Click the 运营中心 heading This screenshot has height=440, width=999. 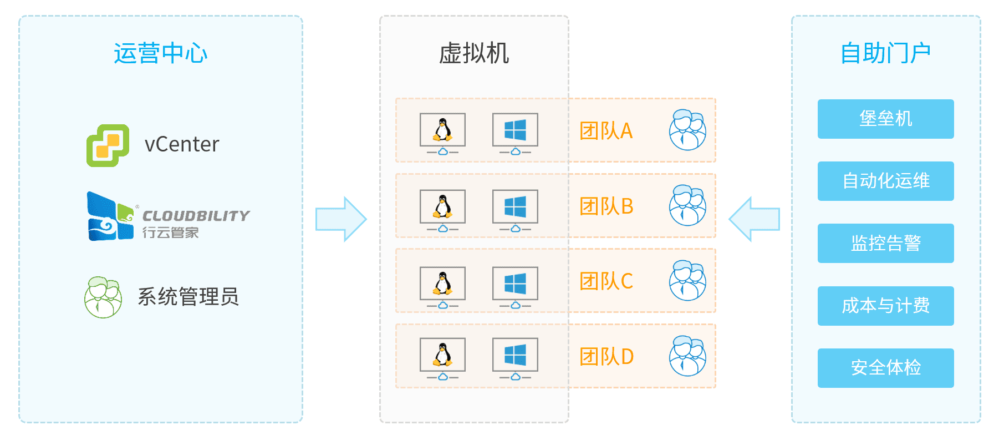(160, 54)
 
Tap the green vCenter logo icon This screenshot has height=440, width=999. (108, 145)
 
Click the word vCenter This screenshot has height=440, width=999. (182, 145)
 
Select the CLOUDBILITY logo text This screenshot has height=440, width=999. (196, 216)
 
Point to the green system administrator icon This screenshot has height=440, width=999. (103, 297)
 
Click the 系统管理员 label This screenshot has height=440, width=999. (188, 297)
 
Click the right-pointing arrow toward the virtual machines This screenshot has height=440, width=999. (340, 219)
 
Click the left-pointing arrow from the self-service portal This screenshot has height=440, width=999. (755, 219)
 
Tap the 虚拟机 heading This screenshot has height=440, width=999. (473, 54)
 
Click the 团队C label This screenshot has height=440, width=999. (606, 281)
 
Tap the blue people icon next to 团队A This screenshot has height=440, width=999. (687, 130)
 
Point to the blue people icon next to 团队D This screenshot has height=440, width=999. (687, 356)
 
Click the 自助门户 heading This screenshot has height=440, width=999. (885, 54)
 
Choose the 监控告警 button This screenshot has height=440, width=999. (885, 243)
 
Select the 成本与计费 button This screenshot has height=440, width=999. (885, 306)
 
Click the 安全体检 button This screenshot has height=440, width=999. (885, 368)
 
